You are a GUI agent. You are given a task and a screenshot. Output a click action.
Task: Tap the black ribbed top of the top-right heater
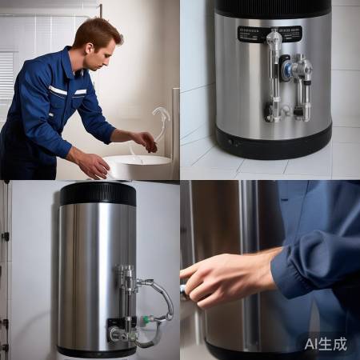click(272, 7)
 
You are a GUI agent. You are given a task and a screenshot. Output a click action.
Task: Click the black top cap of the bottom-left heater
click(98, 194)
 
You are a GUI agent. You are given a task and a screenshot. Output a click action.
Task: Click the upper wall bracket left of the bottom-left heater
click(6, 237)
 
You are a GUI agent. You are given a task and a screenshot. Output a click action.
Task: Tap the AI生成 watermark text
click(325, 344)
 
